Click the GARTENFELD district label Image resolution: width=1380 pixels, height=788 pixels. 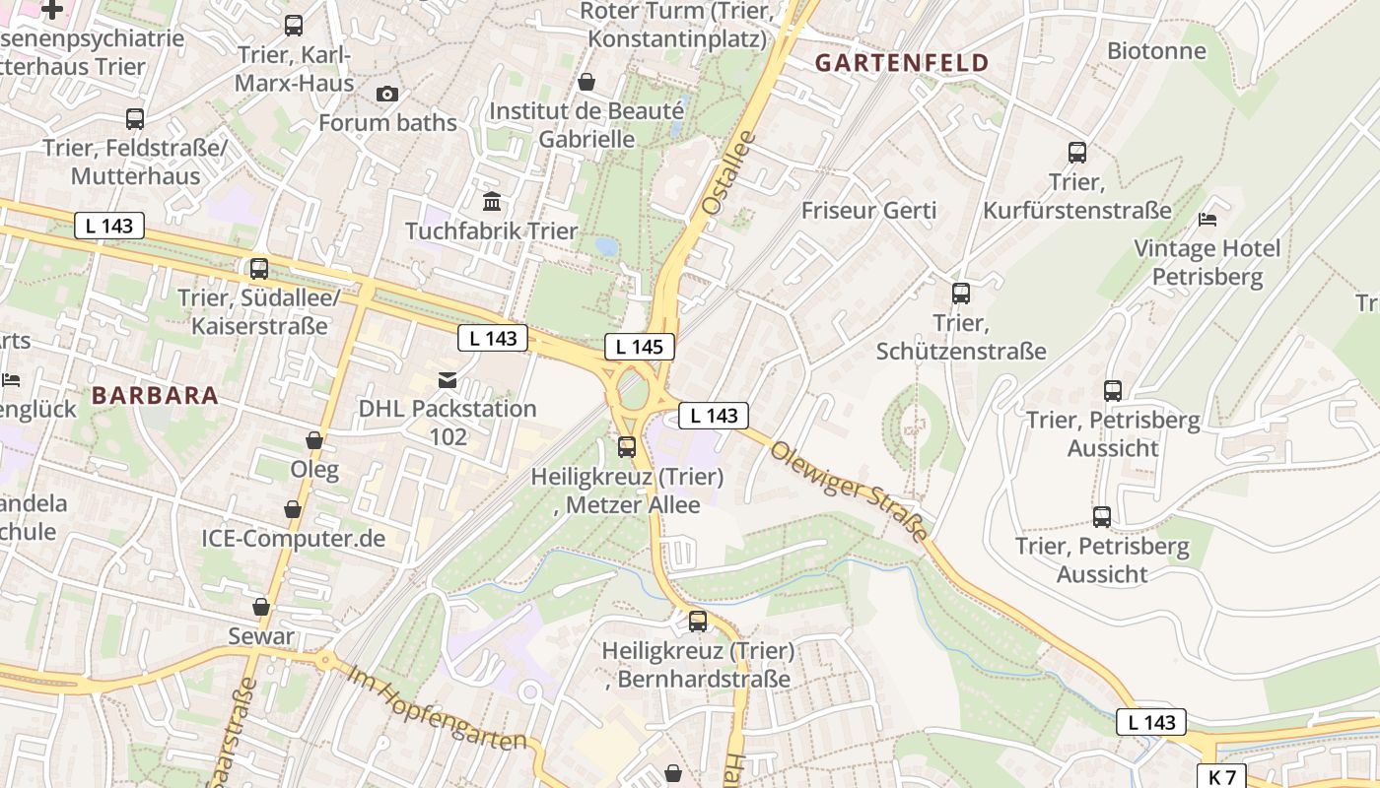[x=902, y=63]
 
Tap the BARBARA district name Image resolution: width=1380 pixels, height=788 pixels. [x=155, y=395]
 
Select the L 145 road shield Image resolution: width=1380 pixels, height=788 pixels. [x=640, y=347]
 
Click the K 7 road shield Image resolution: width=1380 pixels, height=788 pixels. [x=1221, y=776]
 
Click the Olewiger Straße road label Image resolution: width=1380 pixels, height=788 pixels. [x=850, y=491]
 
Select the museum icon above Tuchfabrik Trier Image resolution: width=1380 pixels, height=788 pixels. [x=492, y=202]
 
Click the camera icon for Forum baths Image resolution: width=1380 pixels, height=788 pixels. [x=387, y=94]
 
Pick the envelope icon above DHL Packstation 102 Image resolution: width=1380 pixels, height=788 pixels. [x=448, y=379]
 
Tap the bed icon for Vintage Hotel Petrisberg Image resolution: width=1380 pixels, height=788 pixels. [x=1207, y=219]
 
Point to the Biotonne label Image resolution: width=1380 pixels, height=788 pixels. [x=1156, y=50]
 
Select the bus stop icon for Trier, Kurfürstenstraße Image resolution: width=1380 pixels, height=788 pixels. [x=1077, y=153]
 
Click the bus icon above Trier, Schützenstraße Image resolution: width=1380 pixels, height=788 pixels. [x=961, y=294]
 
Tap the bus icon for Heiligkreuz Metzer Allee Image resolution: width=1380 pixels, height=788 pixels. [x=627, y=447]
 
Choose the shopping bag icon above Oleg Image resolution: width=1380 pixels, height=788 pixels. [x=314, y=440]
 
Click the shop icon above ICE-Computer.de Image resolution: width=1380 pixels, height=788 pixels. [x=293, y=509]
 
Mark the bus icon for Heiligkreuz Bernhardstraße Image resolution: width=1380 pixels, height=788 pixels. [x=698, y=622]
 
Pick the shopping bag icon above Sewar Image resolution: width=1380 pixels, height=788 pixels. [x=261, y=607]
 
